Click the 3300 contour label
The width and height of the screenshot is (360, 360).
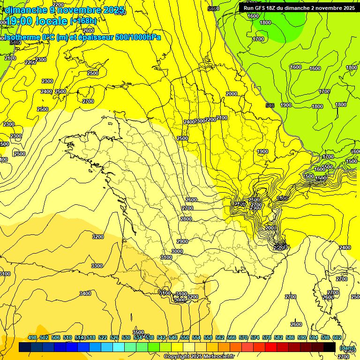[x=97, y=266]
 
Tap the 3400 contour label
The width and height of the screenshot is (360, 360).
[x=85, y=293]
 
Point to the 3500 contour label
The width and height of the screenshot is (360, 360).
[x=138, y=332]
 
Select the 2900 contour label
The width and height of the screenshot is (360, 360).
[x=182, y=241]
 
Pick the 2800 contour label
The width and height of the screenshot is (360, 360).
[x=186, y=219]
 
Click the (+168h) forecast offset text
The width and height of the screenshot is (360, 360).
[x=83, y=21]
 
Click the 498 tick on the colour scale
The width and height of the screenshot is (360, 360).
[x=32, y=337]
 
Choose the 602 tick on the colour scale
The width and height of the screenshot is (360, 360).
[x=337, y=337]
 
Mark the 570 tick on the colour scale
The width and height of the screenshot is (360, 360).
[x=243, y=337]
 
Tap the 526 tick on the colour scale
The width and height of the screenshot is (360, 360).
[x=114, y=337]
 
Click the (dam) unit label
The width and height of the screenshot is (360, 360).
[x=347, y=348]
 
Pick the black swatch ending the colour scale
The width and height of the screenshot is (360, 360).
[x=330, y=347]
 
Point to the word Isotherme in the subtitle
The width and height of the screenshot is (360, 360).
[x=21, y=37]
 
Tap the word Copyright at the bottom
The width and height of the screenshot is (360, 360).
[x=178, y=357]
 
